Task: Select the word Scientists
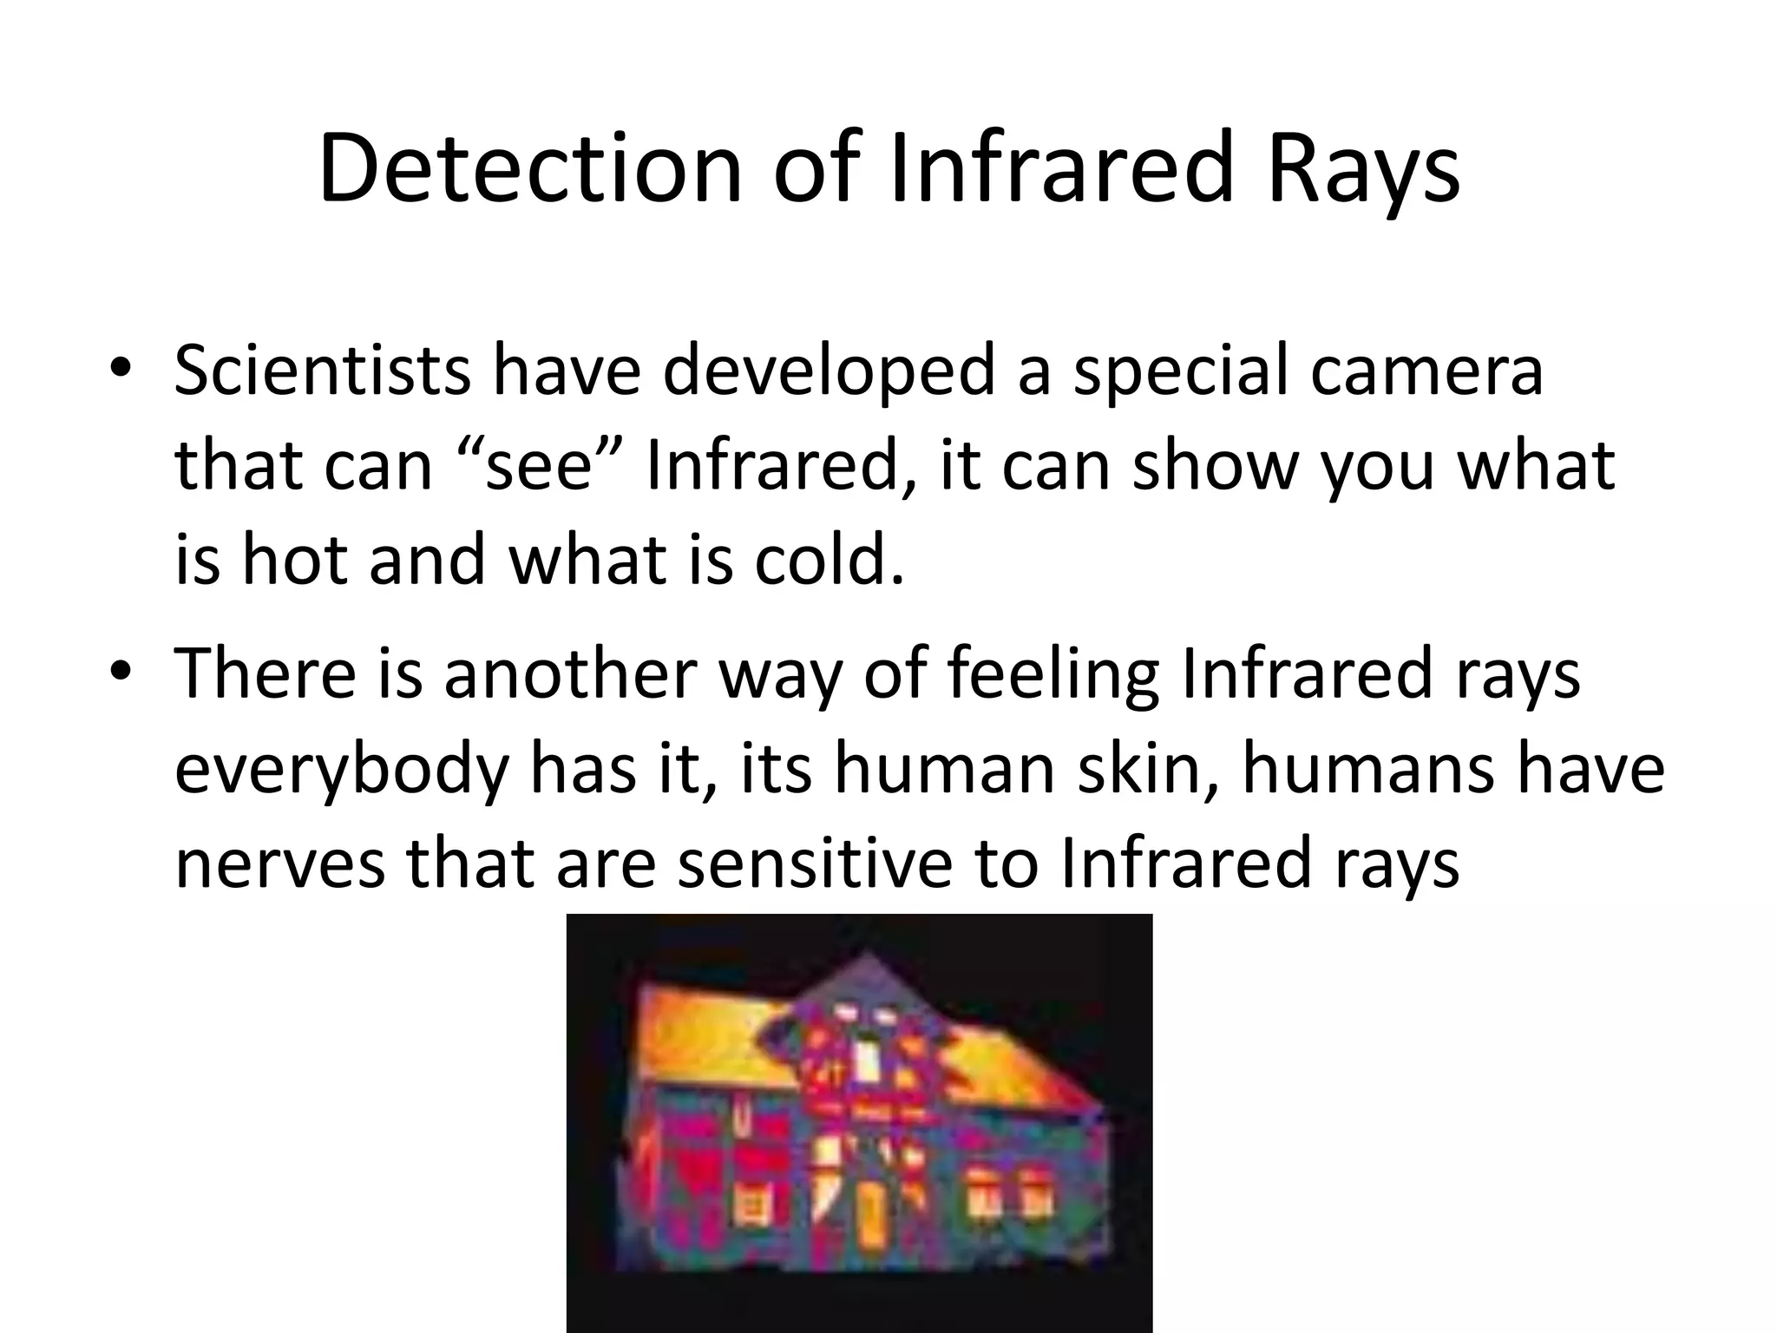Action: (322, 371)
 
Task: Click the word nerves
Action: (279, 864)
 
